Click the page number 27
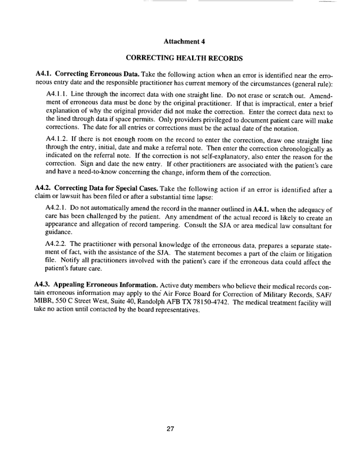[x=170, y=429]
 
